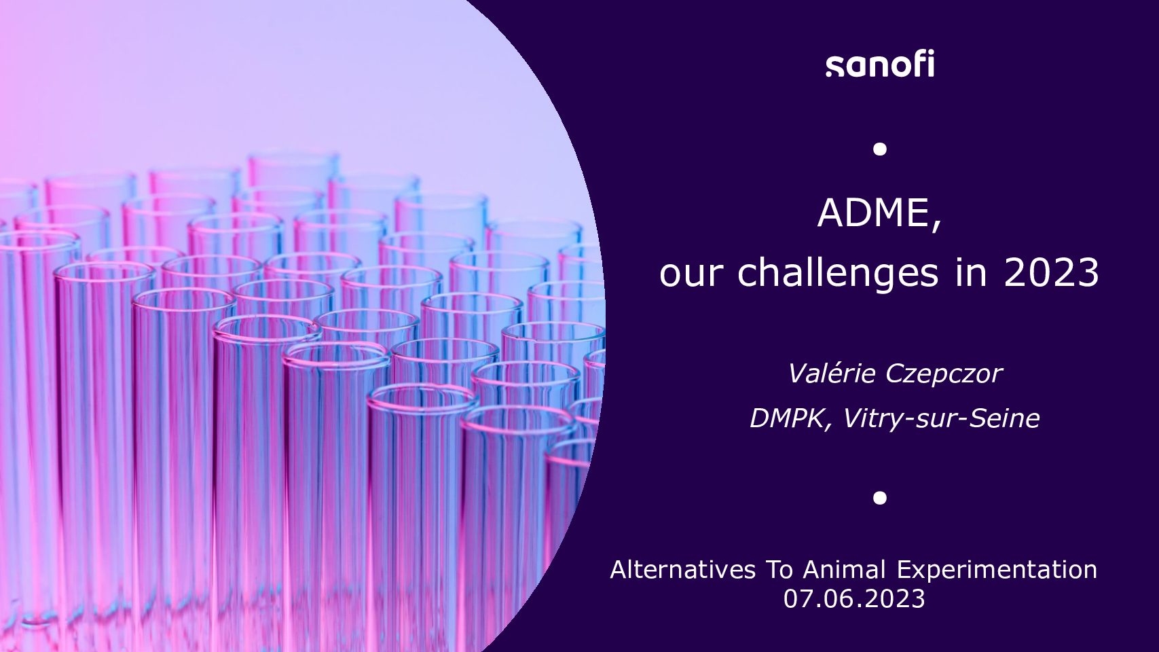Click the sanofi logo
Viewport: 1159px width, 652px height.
879,64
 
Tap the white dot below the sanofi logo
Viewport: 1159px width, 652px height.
879,149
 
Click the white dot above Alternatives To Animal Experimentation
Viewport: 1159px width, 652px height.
879,497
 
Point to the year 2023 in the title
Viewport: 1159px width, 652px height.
1051,273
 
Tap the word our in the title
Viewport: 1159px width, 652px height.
690,276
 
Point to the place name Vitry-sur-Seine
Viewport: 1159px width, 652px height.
941,418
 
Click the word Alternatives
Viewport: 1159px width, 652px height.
683,569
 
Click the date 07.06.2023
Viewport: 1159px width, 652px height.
853,599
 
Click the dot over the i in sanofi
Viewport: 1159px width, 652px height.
931,53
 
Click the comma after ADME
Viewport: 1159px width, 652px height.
936,227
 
